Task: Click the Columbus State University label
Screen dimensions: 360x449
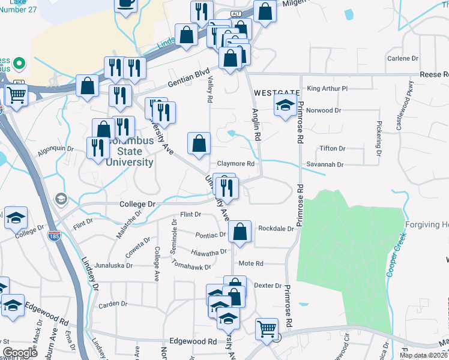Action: [130, 152]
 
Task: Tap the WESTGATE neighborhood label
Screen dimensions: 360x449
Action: [277, 93]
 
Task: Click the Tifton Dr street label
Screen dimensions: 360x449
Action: [333, 148]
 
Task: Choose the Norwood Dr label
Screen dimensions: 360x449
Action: [324, 110]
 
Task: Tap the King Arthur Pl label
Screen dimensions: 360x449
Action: [327, 88]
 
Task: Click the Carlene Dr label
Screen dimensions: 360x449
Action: [402, 58]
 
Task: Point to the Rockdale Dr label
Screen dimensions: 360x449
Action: [276, 229]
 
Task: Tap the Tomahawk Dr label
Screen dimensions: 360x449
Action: [191, 263]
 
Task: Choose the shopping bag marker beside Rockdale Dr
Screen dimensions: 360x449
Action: [240, 231]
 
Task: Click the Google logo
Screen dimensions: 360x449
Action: [20, 353]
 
